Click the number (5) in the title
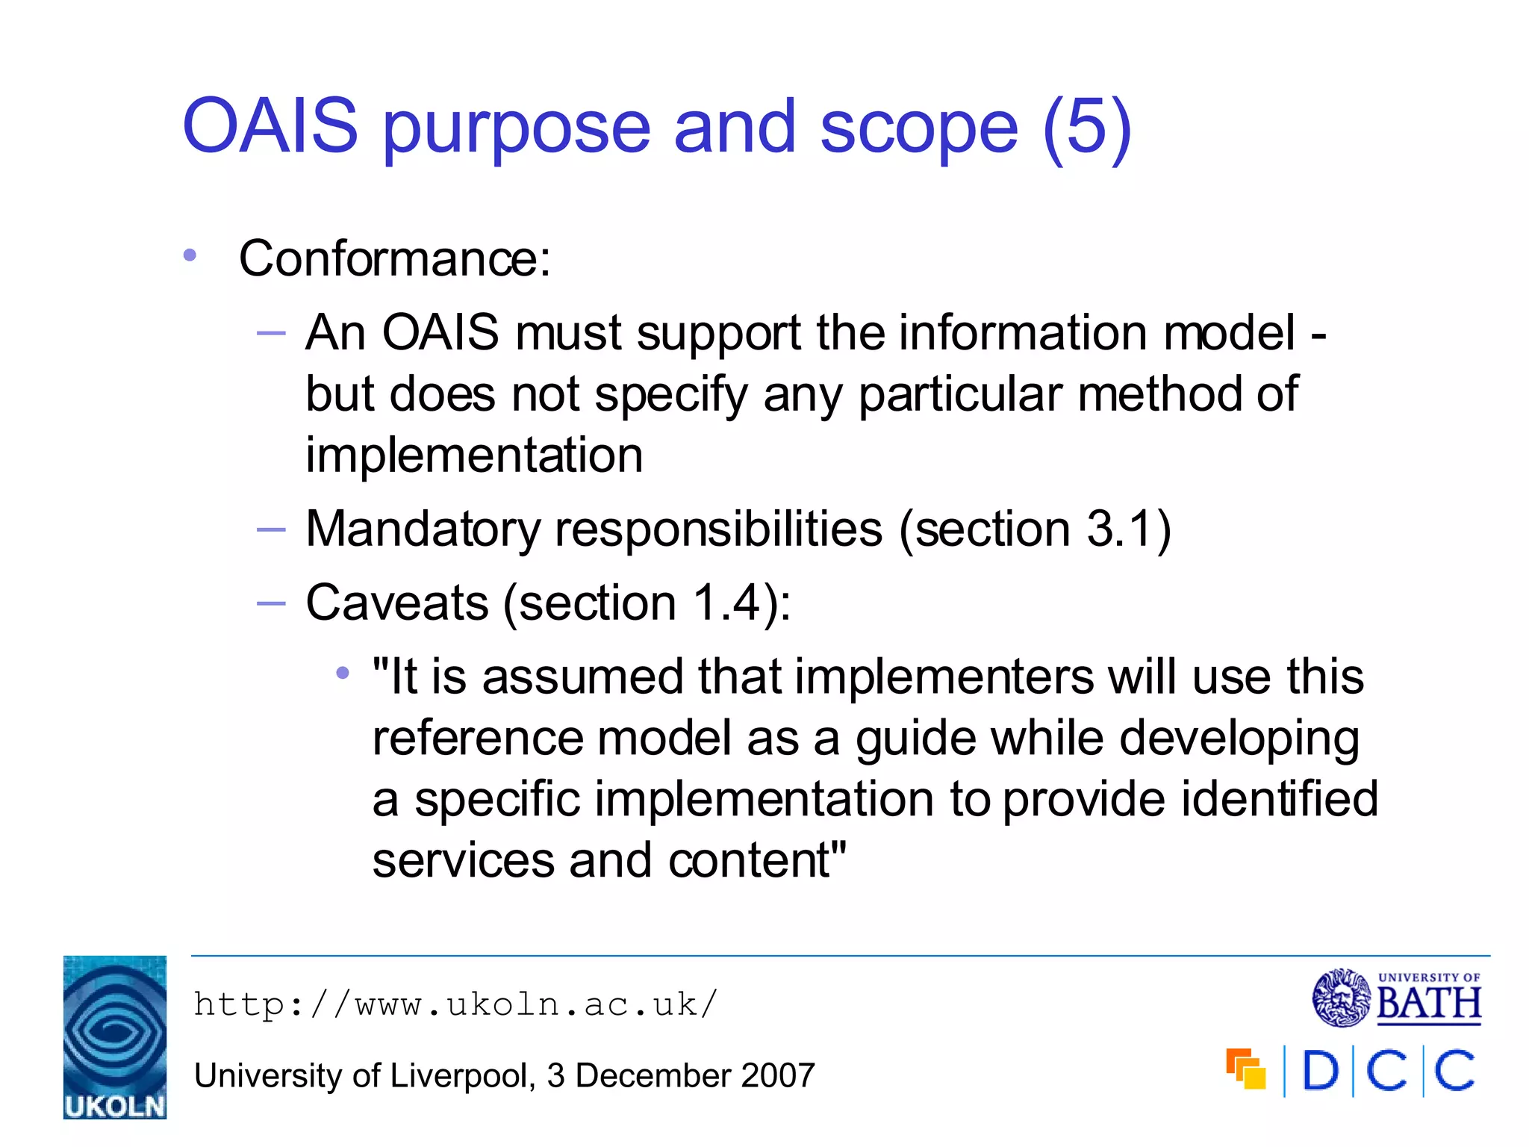1086,128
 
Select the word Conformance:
394,259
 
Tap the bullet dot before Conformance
190,255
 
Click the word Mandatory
423,529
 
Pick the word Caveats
396,603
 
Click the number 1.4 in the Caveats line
726,603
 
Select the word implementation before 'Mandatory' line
474,456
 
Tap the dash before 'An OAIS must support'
271,333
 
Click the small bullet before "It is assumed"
343,674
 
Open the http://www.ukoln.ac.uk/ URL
455,1004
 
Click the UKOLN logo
115,1036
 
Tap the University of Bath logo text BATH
1428,1004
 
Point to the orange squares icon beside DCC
1246,1069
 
